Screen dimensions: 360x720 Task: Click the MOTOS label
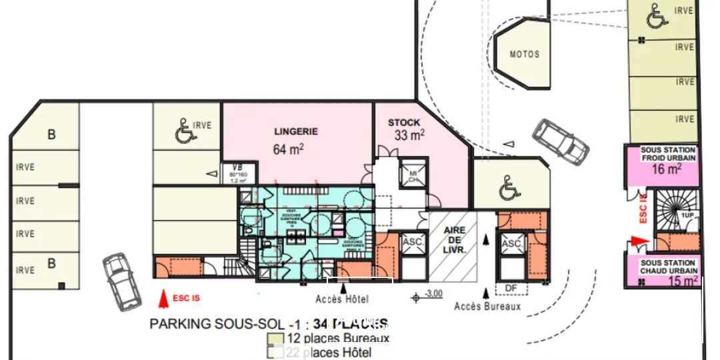[524, 54]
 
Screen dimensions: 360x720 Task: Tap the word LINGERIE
[296, 132]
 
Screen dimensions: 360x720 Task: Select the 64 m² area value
[289, 149]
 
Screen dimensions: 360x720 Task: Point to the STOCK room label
[404, 123]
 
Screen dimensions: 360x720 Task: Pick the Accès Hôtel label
[342, 299]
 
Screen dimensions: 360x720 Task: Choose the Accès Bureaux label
[487, 306]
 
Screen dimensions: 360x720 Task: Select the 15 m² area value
[684, 281]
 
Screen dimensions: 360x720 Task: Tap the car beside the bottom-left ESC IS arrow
[121, 280]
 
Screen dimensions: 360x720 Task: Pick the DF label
[511, 287]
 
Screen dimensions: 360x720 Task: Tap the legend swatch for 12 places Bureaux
[272, 338]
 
